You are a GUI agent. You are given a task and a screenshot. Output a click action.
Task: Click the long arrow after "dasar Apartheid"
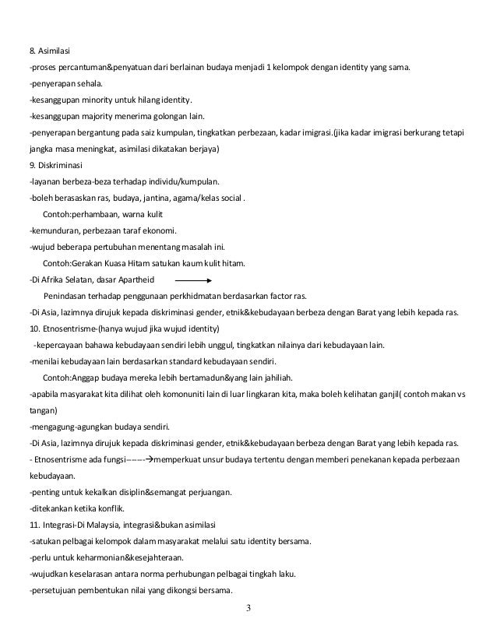pyautogui.click(x=194, y=279)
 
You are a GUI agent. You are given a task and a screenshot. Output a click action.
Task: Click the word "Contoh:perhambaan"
pyautogui.click(x=79, y=214)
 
